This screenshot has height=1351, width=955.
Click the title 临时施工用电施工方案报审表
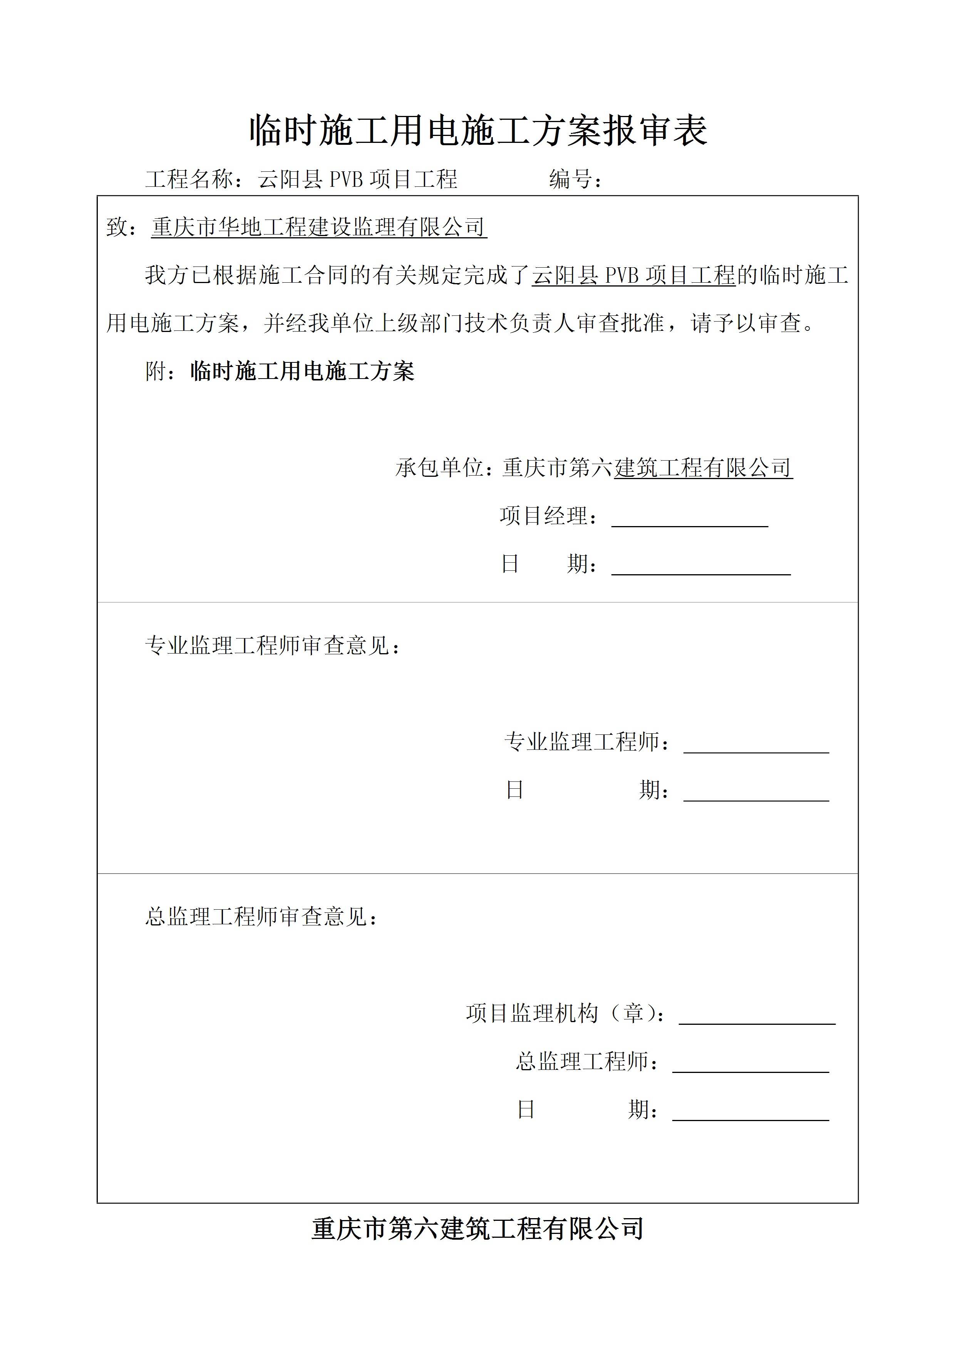[x=478, y=131]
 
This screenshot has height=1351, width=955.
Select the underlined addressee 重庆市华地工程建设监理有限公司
[x=318, y=227]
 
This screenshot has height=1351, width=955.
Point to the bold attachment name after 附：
[x=302, y=371]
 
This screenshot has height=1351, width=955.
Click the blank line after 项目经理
[x=690, y=518]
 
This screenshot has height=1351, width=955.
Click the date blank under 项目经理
[x=701, y=566]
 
